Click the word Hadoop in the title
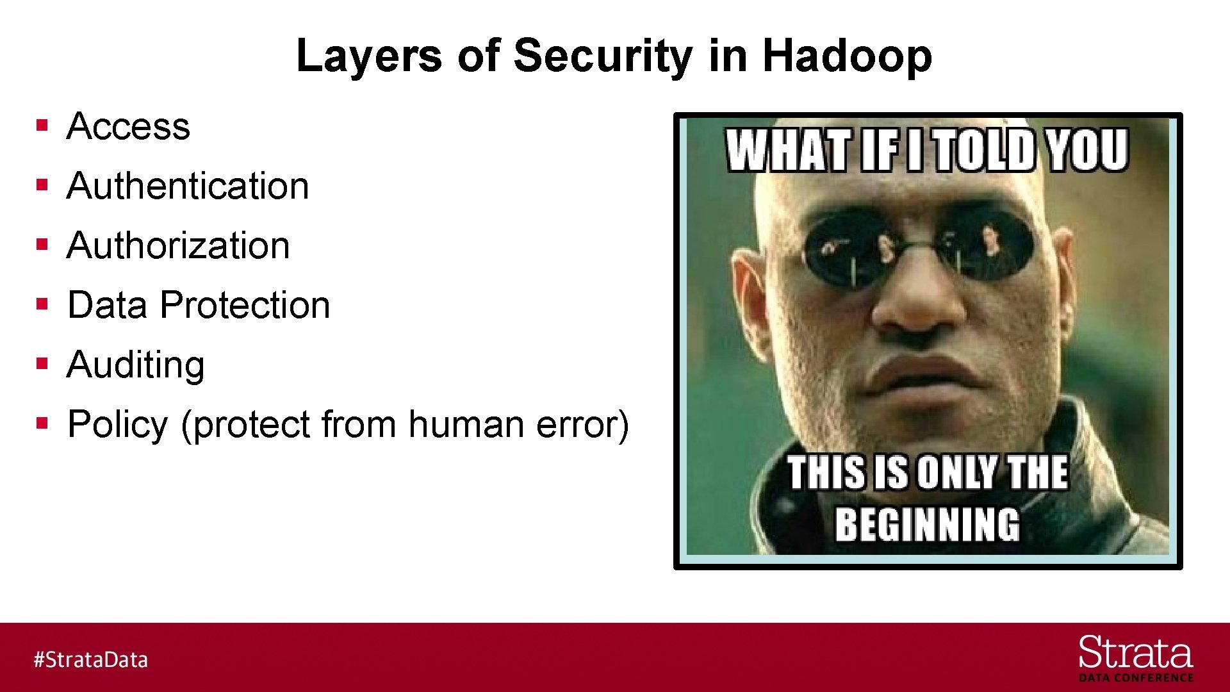click(x=847, y=56)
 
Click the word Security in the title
click(x=602, y=56)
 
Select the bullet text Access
click(x=128, y=126)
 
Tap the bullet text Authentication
click(x=188, y=186)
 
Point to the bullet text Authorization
click(x=178, y=245)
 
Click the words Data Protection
click(x=199, y=305)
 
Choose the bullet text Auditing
click(x=136, y=365)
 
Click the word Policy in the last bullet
click(x=118, y=424)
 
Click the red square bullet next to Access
click(x=42, y=125)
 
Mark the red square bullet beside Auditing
click(x=42, y=364)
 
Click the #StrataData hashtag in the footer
click(x=90, y=659)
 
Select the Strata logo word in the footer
click(x=1135, y=654)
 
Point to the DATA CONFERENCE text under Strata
click(x=1136, y=678)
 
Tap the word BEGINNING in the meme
click(x=927, y=525)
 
